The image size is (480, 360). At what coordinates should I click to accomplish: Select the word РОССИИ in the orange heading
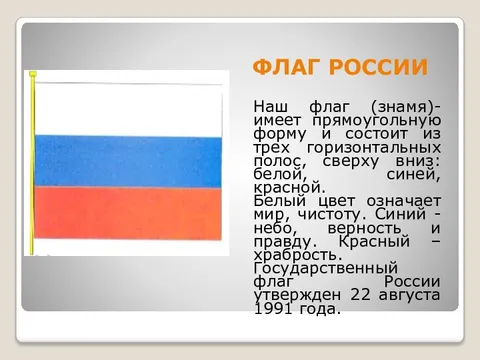pos(380,67)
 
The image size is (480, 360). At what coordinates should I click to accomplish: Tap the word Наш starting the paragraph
pos(271,106)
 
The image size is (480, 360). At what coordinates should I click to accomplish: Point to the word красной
pos(288,187)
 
